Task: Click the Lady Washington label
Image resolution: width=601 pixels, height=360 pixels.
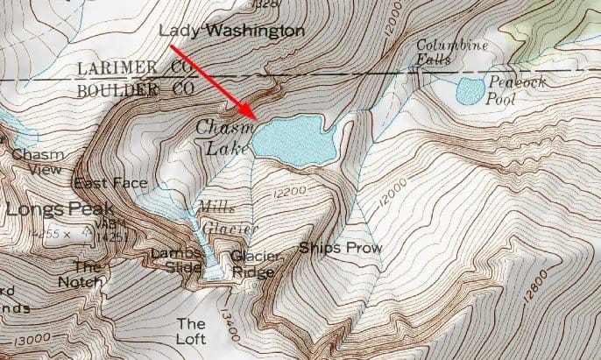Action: coord(232,32)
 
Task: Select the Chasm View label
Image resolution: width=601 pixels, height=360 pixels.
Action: coord(33,162)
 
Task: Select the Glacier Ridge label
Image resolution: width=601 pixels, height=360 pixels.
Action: coord(256,264)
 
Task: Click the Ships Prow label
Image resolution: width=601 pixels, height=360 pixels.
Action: coord(341,248)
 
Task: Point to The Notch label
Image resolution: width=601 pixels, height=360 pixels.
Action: coord(88,274)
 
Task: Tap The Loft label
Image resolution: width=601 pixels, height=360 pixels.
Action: coord(191,330)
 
